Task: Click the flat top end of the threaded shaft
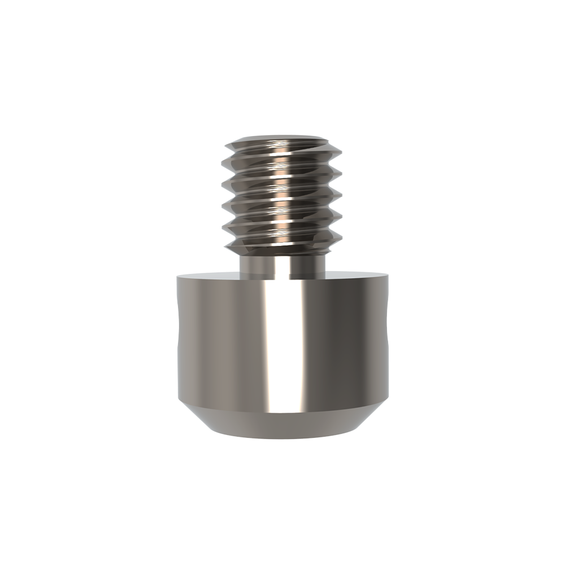point(282,137)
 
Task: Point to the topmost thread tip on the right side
point(341,149)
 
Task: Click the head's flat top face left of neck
point(209,276)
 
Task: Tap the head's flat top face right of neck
point(356,276)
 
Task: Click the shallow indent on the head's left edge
point(177,339)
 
